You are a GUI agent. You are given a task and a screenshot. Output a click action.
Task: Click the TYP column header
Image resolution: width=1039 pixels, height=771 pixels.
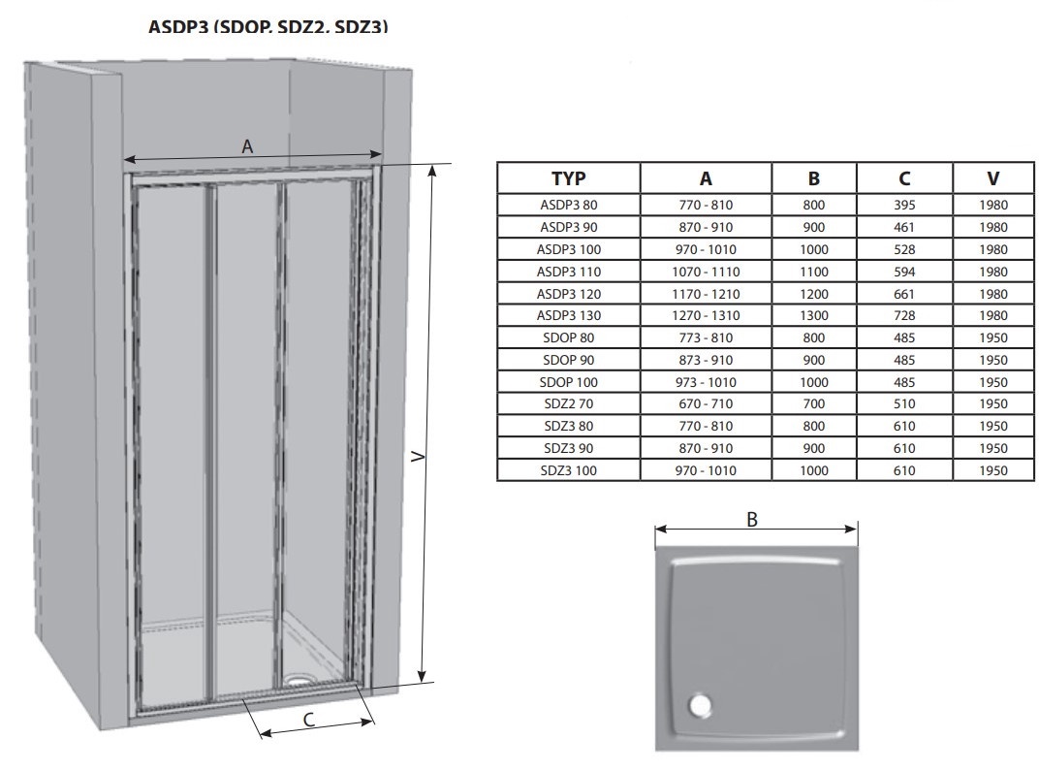tap(569, 178)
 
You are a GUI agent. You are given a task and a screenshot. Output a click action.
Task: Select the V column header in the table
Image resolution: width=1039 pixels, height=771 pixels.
tap(992, 178)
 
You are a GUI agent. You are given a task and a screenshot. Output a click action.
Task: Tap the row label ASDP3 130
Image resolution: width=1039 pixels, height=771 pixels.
tap(569, 315)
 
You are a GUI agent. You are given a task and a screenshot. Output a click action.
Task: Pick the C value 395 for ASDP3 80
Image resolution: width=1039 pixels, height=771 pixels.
tap(904, 205)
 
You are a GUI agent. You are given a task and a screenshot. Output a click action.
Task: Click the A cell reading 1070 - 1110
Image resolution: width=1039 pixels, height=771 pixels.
tap(706, 272)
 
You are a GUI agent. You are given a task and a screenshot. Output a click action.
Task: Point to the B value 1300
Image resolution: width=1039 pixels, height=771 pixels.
tap(814, 315)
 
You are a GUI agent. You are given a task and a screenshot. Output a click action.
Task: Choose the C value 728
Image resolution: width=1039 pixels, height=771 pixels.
tap(904, 315)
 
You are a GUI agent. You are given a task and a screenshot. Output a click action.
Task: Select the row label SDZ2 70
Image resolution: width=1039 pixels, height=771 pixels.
tap(569, 403)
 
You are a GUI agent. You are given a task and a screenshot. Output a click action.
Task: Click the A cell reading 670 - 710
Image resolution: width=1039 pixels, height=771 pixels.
tap(706, 403)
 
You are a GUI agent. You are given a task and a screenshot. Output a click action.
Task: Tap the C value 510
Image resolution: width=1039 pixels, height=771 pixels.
tap(904, 403)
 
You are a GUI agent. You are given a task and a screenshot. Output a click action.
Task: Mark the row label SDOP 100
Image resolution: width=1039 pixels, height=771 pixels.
tap(569, 382)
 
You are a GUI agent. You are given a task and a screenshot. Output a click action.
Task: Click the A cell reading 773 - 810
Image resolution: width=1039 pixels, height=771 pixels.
tap(706, 337)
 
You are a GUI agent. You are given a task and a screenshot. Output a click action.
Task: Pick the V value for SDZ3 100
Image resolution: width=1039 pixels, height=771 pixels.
tap(992, 470)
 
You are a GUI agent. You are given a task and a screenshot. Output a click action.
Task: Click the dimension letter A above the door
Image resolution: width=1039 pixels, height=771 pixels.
tap(247, 146)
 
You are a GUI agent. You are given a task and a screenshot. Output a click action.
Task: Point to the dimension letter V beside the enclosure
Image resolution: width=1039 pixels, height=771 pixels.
tap(418, 457)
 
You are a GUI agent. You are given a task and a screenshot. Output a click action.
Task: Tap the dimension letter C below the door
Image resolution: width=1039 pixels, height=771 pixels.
tap(309, 720)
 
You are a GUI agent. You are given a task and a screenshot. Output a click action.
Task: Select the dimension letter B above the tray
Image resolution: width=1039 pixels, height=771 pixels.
tap(752, 520)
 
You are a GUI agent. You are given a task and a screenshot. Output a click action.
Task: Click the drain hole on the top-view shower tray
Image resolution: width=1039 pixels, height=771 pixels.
tap(699, 705)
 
